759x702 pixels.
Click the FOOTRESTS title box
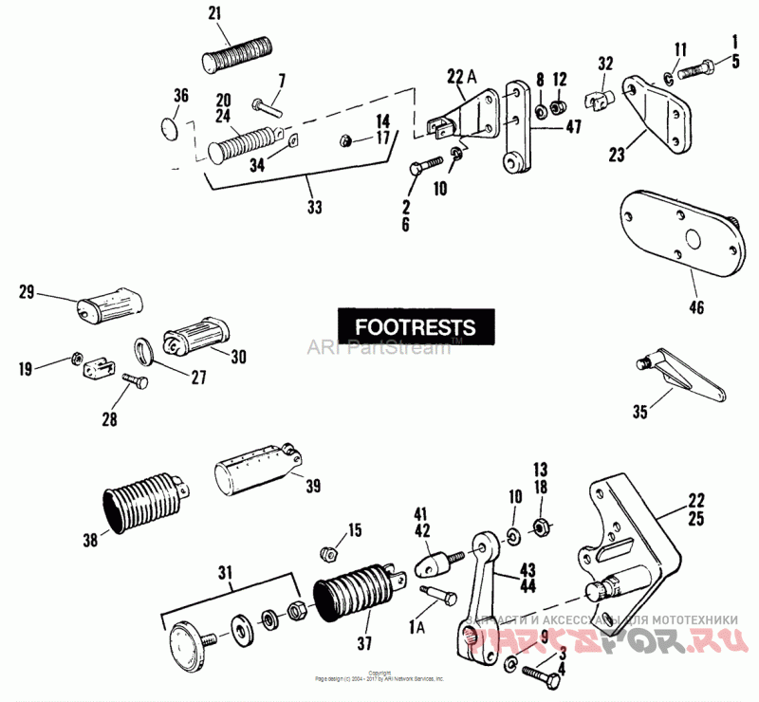tap(416, 326)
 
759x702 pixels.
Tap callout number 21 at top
tap(213, 13)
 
